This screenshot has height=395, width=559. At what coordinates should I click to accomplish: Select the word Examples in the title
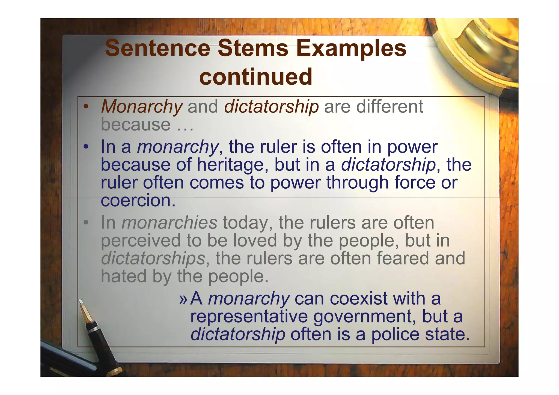coord(351,48)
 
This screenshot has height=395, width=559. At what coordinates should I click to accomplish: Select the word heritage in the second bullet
coord(233,165)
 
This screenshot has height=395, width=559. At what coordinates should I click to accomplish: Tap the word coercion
coord(138,200)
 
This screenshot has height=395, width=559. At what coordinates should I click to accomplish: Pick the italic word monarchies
coord(169,223)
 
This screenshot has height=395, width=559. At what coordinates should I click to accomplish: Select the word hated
coord(124,276)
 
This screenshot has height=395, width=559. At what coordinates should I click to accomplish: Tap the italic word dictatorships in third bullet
coord(153,258)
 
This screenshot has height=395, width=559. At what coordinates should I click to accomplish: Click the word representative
coord(249,316)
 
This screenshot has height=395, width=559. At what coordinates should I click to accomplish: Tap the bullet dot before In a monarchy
coord(86,147)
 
